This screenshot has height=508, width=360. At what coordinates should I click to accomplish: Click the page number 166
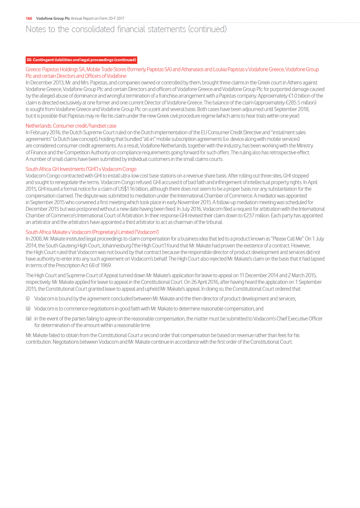point(29,18)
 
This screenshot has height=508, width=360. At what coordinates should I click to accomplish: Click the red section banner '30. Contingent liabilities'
point(81,60)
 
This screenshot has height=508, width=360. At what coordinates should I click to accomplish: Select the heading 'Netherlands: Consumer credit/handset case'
point(71,126)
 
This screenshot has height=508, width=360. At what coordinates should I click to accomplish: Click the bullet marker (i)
point(28,299)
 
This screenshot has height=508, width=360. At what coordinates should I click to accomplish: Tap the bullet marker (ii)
point(28,309)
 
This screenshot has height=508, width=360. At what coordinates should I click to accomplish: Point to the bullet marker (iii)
point(28,319)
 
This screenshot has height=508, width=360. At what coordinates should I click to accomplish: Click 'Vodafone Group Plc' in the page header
point(53,18)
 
